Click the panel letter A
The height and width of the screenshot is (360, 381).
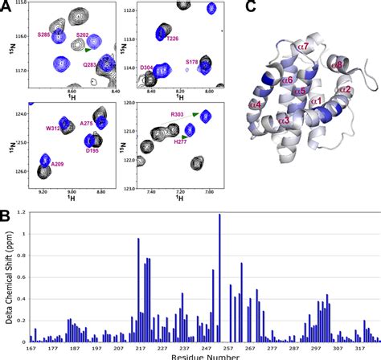(6, 6)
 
